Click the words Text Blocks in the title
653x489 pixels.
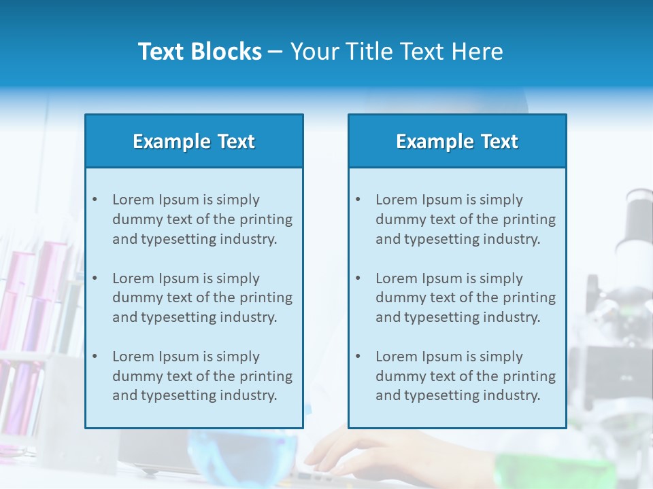(x=199, y=52)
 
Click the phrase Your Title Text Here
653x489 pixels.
(x=397, y=52)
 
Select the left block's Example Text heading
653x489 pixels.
(x=194, y=141)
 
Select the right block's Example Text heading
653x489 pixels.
(x=457, y=141)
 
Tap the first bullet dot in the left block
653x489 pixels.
(x=95, y=200)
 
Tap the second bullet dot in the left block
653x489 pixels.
(x=95, y=278)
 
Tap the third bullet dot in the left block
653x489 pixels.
(x=95, y=357)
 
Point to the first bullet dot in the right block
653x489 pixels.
(x=358, y=200)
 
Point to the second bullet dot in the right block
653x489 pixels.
(x=358, y=278)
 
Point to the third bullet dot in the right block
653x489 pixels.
(x=358, y=357)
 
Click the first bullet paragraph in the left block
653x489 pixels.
(x=202, y=219)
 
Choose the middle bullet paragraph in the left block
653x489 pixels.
(x=202, y=297)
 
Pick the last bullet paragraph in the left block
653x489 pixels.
(x=202, y=376)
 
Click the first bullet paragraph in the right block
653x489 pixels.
(x=465, y=219)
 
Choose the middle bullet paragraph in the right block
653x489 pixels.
(x=465, y=297)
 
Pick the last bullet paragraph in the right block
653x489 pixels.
(x=465, y=376)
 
